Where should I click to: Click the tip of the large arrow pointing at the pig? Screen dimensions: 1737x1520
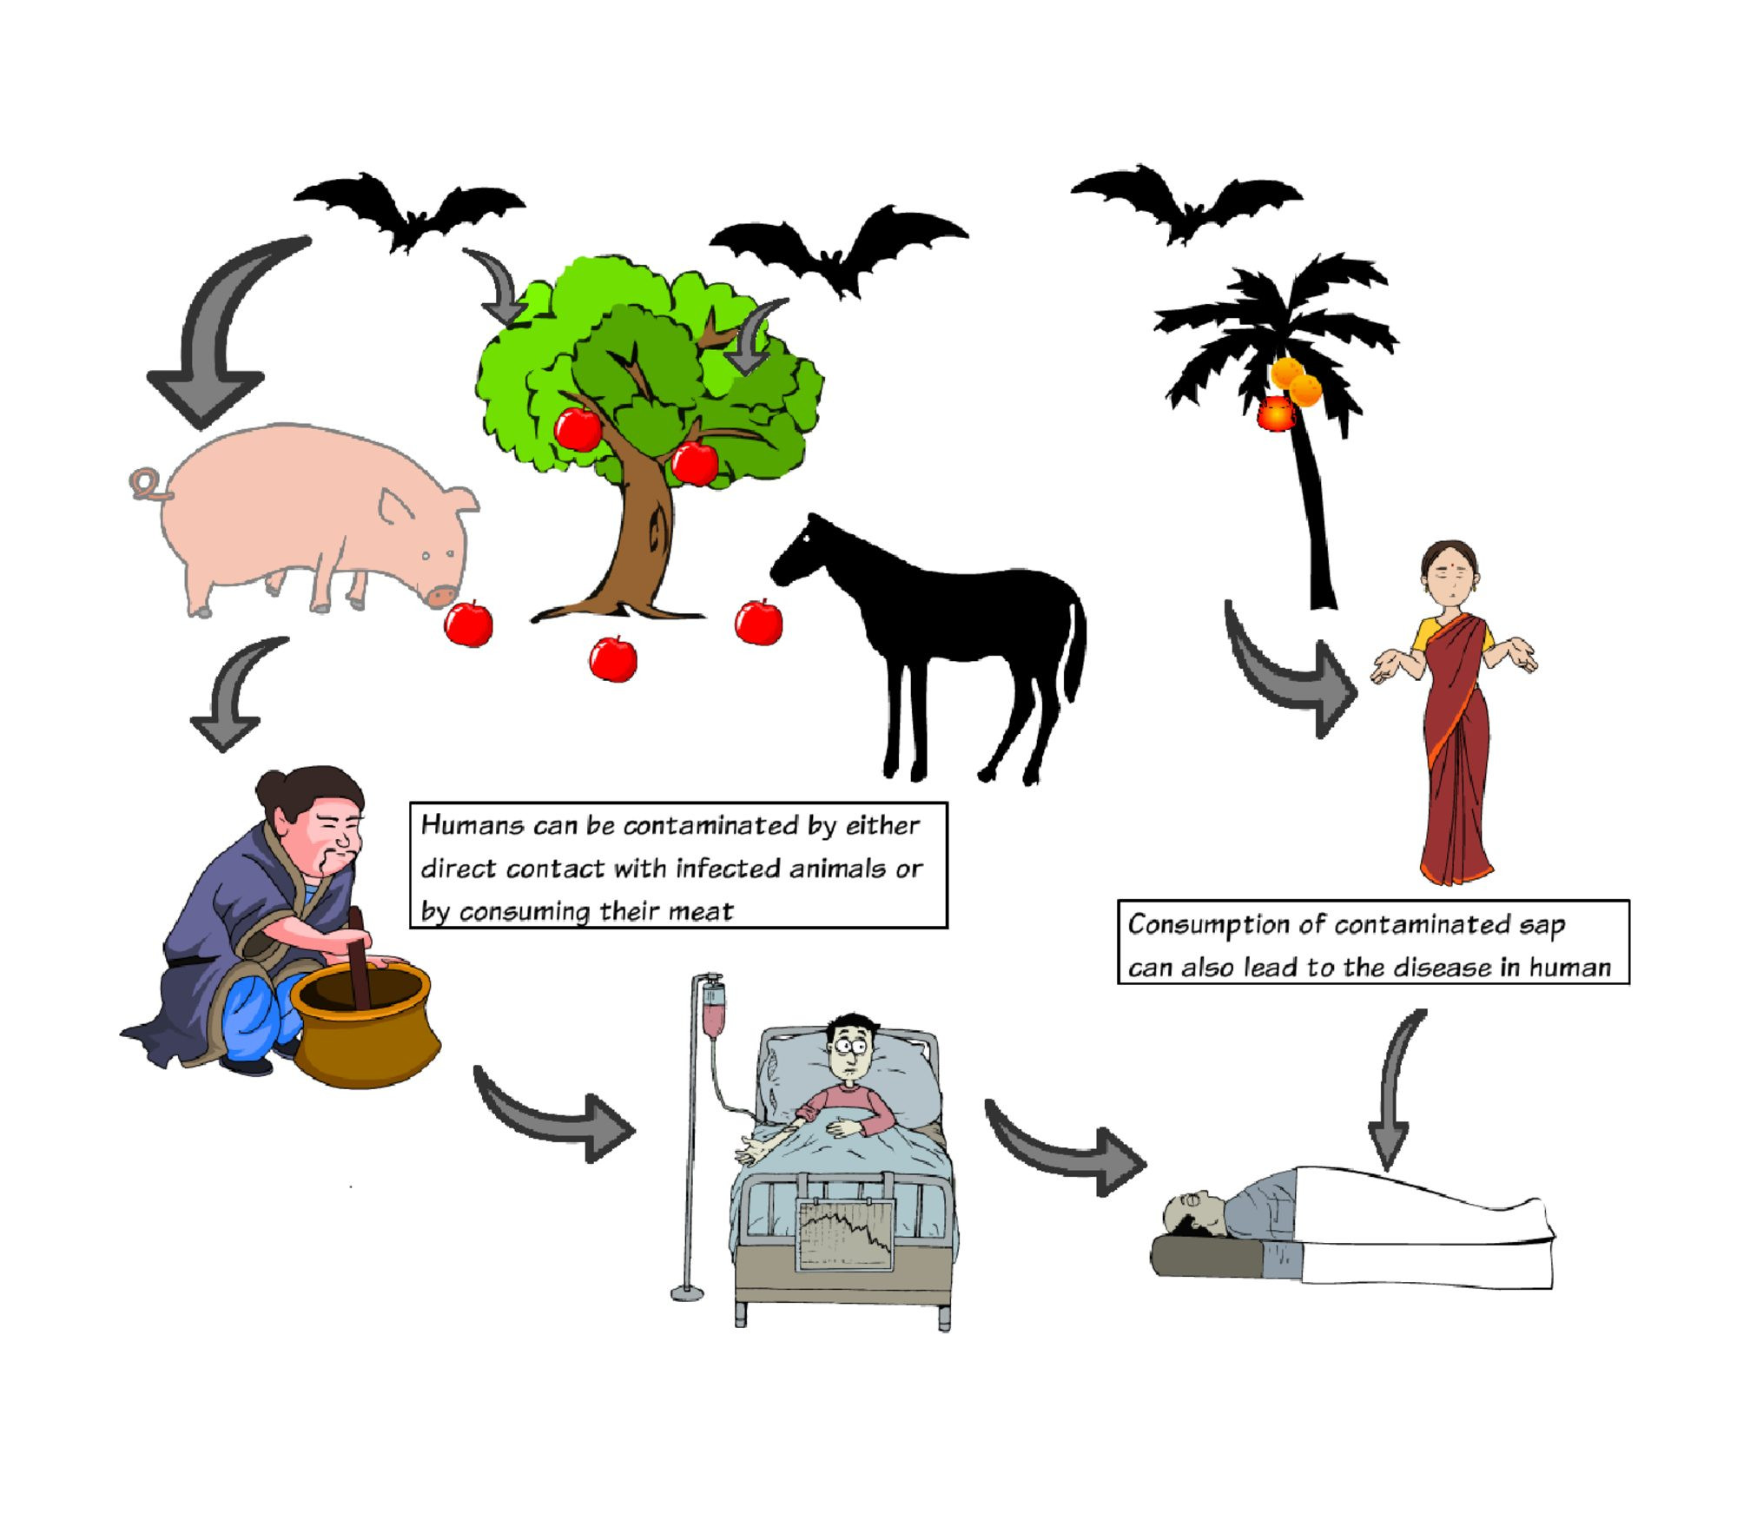click(202, 428)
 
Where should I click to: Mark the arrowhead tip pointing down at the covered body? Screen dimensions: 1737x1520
click(1387, 1170)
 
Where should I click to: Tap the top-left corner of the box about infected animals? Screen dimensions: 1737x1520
click(410, 803)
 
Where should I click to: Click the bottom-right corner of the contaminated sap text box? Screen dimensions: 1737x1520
click(1629, 984)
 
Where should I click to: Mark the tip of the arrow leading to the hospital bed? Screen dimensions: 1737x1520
click(636, 1130)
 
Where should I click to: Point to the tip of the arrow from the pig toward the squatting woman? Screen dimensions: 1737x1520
click(225, 751)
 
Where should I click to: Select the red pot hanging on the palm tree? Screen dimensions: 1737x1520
click(1276, 413)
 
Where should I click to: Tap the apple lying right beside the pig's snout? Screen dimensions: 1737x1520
click(468, 624)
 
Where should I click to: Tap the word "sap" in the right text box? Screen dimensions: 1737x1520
click(1542, 926)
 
